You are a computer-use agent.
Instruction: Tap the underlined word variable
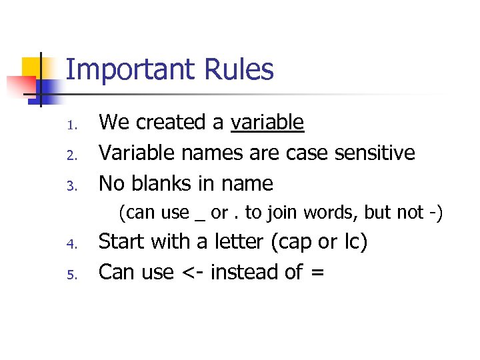point(267,123)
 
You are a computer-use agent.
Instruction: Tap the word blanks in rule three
point(161,183)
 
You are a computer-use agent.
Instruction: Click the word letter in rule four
point(240,242)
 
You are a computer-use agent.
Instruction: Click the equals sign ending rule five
point(317,273)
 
